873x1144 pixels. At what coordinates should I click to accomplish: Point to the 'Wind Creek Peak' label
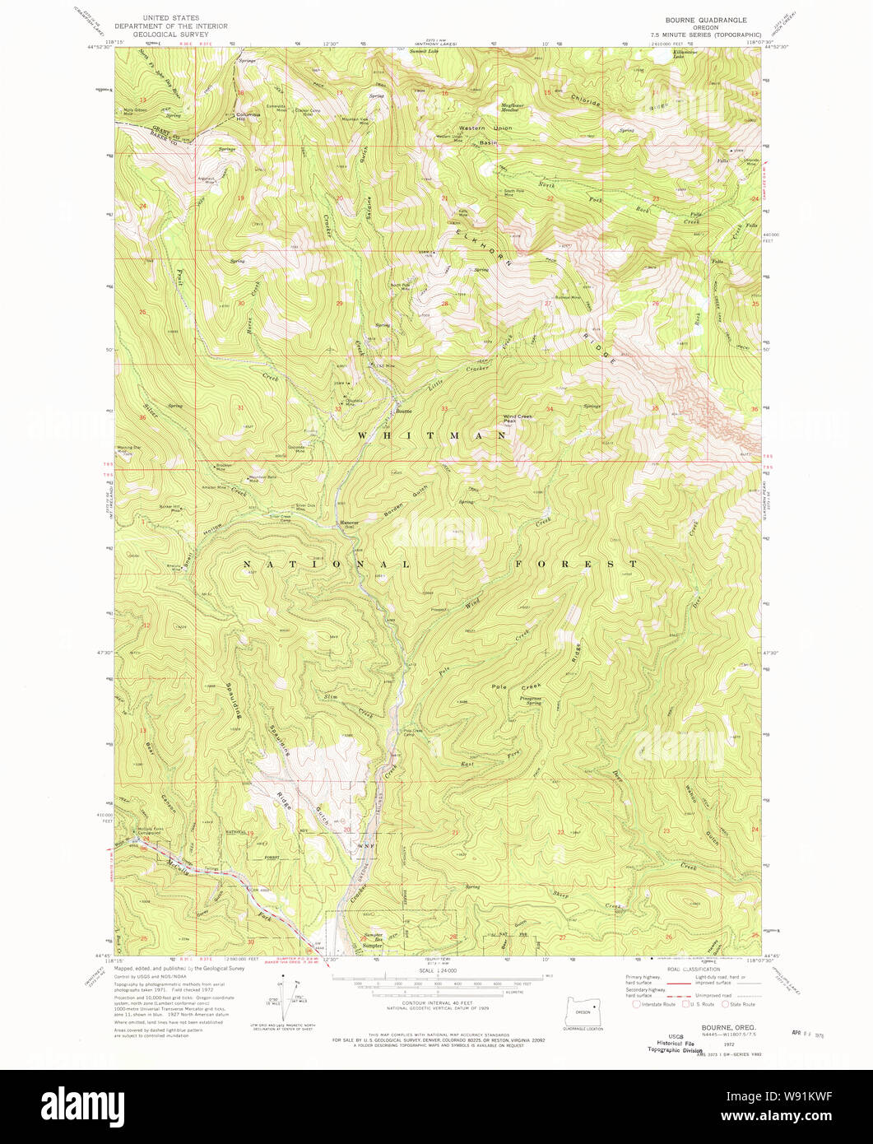point(517,419)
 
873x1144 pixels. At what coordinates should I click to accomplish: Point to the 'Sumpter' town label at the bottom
point(373,946)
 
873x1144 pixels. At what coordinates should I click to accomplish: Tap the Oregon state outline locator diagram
point(583,1011)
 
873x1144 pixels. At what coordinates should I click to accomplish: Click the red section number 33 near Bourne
point(443,409)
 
